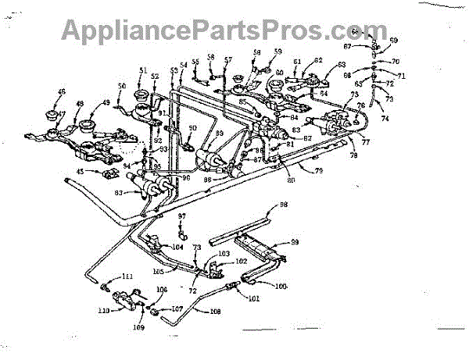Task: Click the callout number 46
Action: [x=62, y=92]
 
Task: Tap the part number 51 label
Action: [x=142, y=70]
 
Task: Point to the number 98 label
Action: [x=283, y=205]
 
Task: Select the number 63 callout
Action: [x=341, y=66]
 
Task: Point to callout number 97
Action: [x=181, y=216]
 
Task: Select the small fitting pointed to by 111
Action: [x=104, y=288]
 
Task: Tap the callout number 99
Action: [x=295, y=243]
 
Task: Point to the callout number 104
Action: [x=177, y=246]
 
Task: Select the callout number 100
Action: [x=281, y=286]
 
